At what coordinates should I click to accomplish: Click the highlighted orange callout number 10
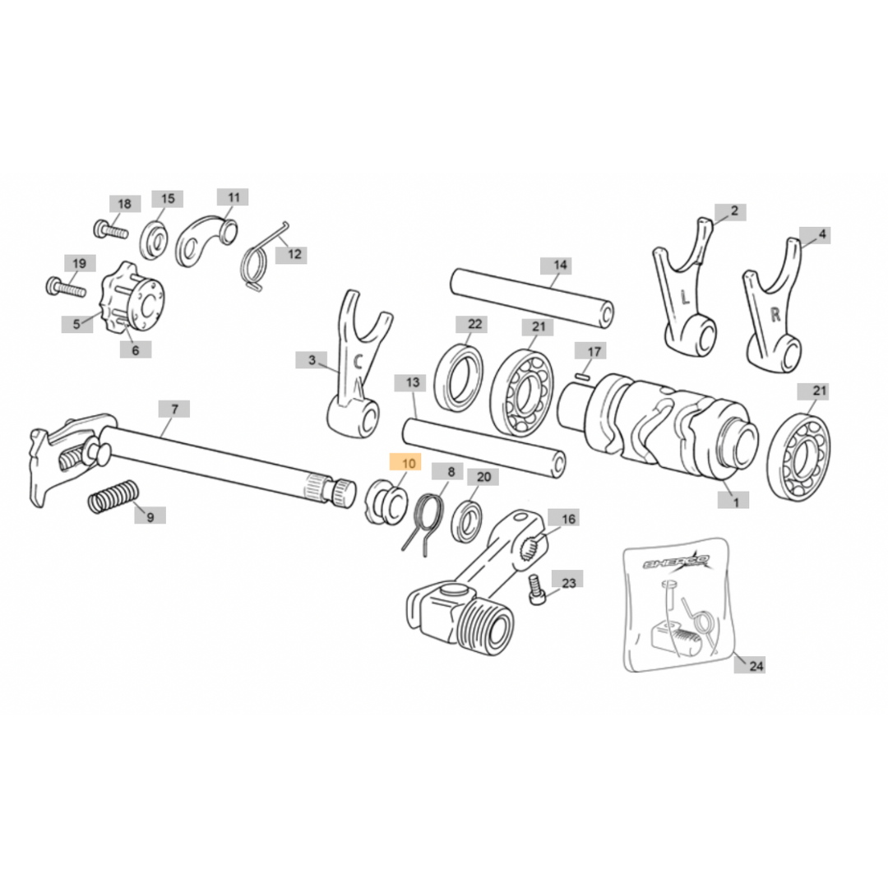coord(409,464)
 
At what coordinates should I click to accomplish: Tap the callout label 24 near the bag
coord(756,665)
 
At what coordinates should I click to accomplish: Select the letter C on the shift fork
coord(358,362)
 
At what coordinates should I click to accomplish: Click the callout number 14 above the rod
coord(559,265)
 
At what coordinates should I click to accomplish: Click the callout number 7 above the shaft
coord(173,409)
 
